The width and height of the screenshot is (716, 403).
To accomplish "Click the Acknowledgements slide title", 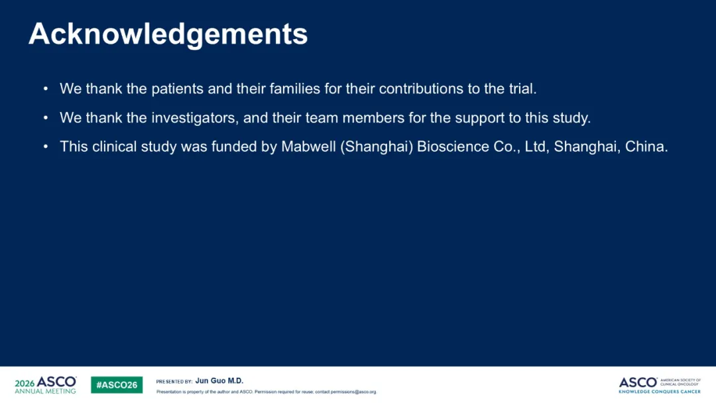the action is (168, 34).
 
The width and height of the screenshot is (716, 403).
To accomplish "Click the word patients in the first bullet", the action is (177, 89).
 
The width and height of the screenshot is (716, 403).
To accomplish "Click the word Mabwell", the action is (308, 146).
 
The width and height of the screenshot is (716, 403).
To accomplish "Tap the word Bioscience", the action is (453, 146).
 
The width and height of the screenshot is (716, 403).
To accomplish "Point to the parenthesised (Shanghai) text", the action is (377, 147).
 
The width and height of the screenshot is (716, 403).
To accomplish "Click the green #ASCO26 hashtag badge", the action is (117, 384).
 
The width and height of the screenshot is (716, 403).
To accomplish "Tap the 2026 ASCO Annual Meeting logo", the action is (46, 384).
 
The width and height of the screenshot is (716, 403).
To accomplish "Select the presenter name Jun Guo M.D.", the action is (219, 380).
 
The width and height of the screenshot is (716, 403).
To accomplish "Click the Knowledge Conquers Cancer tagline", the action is (660, 391).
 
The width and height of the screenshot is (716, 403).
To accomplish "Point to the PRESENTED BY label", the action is (174, 382).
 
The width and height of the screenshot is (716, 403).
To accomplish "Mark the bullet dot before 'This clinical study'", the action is (46, 146).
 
